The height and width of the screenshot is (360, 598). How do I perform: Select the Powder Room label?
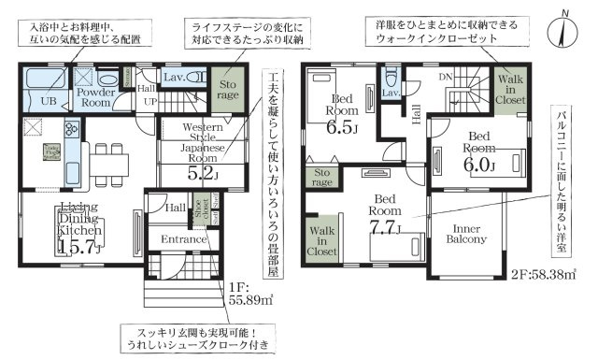tap(95, 97)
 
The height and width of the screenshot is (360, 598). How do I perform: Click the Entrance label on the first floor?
tap(182, 241)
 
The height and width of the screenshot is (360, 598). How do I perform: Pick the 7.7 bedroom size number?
tap(383, 225)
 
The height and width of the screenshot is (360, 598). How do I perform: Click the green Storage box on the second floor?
tap(322, 177)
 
